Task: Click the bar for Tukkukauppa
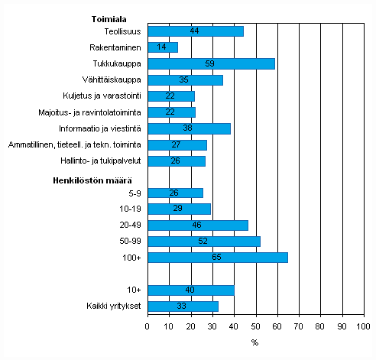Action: pyautogui.click(x=211, y=63)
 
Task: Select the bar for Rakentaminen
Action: pyautogui.click(x=163, y=47)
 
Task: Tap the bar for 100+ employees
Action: pyautogui.click(x=218, y=258)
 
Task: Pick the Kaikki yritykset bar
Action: pyautogui.click(x=183, y=306)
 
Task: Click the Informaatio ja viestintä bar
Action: pyautogui.click(x=189, y=128)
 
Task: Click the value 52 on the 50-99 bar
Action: pyautogui.click(x=204, y=242)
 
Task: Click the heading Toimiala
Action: pyautogui.click(x=109, y=18)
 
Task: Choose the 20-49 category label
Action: pyautogui.click(x=129, y=225)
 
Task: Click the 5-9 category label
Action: pyautogui.click(x=134, y=193)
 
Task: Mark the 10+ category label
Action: pyautogui.click(x=134, y=290)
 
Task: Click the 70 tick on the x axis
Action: pyautogui.click(x=299, y=327)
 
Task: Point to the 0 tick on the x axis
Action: pyautogui.click(x=147, y=327)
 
